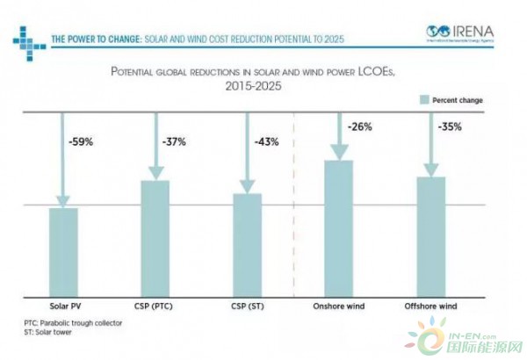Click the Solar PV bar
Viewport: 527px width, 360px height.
pyautogui.click(x=62, y=252)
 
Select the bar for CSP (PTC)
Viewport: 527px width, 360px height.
pyautogui.click(x=155, y=238)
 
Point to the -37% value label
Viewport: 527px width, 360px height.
pyautogui.click(x=174, y=140)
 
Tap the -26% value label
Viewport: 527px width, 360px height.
pyautogui.click(x=359, y=126)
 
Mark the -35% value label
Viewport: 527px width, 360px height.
pyautogui.click(x=450, y=126)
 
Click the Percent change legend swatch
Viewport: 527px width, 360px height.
pyautogui.click(x=421, y=100)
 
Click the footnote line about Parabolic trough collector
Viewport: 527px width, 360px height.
pyautogui.click(x=73, y=323)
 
